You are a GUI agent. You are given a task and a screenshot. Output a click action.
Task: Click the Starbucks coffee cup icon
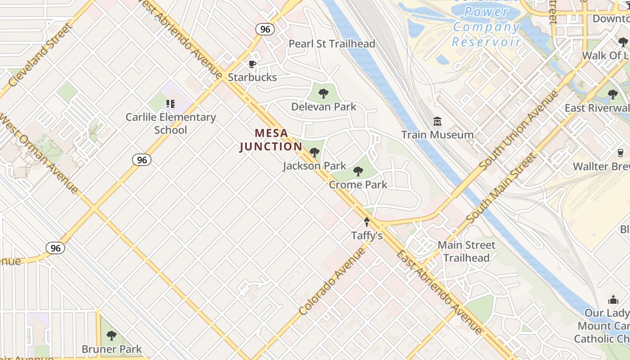[252, 64]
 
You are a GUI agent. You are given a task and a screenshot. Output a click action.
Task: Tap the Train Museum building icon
[437, 121]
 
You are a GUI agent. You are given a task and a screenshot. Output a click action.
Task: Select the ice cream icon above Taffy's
[367, 222]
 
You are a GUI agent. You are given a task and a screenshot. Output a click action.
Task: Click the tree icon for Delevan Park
[323, 94]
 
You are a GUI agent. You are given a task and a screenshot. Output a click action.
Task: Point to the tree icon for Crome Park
[358, 171]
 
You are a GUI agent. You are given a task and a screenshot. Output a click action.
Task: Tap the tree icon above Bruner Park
[111, 336]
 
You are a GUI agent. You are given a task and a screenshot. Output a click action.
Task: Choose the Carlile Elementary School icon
[171, 104]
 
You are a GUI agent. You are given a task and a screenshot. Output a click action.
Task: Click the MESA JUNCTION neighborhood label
[271, 140]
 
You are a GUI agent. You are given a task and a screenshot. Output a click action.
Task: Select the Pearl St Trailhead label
[332, 44]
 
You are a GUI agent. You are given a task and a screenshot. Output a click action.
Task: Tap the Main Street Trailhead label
[466, 252]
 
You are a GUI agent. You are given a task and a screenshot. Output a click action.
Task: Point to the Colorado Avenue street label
[333, 281]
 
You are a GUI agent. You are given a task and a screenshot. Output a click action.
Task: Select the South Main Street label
[502, 188]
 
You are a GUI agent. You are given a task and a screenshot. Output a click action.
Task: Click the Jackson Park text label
[315, 166]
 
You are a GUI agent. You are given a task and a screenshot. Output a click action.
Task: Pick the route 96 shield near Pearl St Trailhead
[265, 29]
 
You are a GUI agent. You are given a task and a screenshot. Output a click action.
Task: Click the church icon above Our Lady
[613, 300]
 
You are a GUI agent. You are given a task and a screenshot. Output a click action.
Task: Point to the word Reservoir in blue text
[486, 42]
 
